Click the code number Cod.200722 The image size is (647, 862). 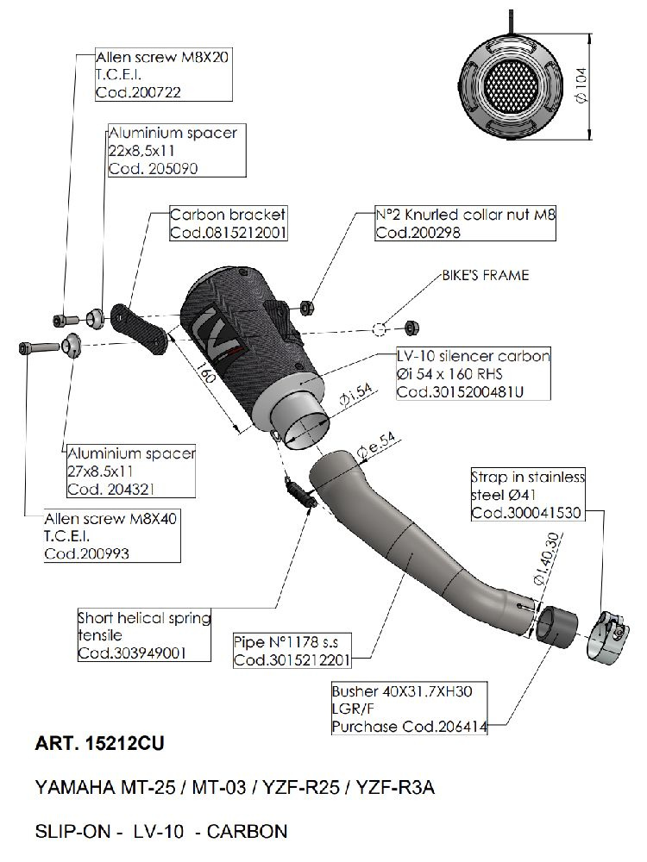point(139,92)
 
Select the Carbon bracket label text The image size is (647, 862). point(227,215)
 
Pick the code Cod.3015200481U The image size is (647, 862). point(460,392)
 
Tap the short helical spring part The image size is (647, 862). point(298,491)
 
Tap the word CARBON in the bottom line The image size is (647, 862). point(248,832)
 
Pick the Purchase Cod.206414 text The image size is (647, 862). point(410,727)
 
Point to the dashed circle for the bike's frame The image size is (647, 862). point(380,328)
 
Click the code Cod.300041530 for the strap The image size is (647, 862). point(525,513)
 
